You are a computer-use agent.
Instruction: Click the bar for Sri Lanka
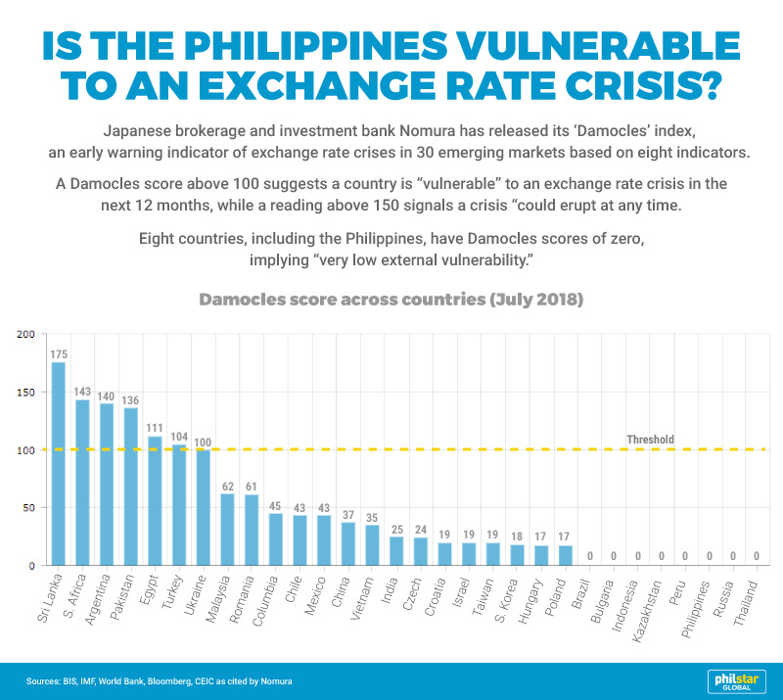click(59, 464)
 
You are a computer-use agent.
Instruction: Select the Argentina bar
click(107, 484)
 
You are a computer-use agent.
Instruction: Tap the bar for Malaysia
click(227, 529)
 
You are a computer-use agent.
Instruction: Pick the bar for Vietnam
click(372, 544)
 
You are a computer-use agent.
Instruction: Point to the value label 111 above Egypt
click(155, 428)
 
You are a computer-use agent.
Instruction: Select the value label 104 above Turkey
click(179, 436)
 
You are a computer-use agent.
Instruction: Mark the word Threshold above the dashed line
click(650, 440)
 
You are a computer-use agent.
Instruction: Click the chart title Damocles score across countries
click(391, 300)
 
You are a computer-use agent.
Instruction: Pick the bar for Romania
click(252, 530)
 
